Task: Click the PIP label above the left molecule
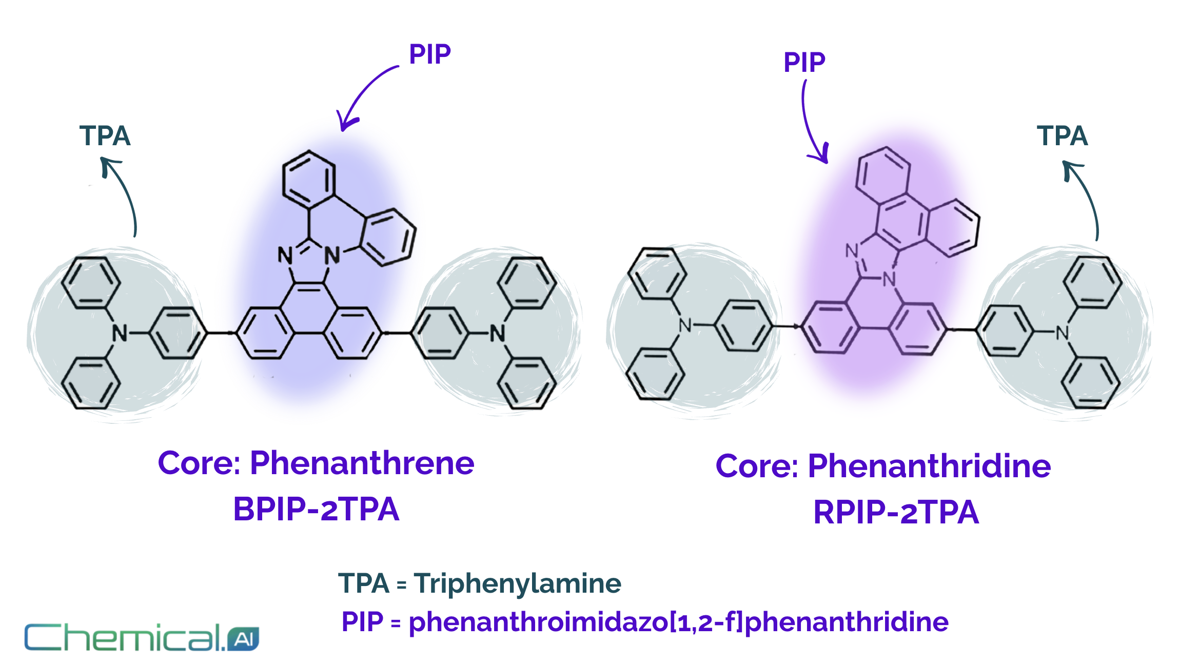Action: (430, 54)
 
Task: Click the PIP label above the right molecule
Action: (804, 63)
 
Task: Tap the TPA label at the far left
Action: (105, 136)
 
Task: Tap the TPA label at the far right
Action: (1062, 136)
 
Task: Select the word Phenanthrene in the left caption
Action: (362, 463)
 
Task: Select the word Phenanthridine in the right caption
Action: (929, 466)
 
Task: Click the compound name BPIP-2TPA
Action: (316, 510)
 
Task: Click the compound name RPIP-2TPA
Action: (896, 513)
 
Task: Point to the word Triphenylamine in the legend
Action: (517, 584)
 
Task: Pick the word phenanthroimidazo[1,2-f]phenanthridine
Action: (678, 622)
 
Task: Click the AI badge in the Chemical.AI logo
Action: (243, 639)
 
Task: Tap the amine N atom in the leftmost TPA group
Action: (120, 334)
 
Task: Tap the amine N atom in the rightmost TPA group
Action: (1063, 334)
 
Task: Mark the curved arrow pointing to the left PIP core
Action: (362, 95)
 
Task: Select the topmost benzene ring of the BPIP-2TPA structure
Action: (308, 180)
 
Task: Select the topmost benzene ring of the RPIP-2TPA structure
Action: (883, 173)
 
